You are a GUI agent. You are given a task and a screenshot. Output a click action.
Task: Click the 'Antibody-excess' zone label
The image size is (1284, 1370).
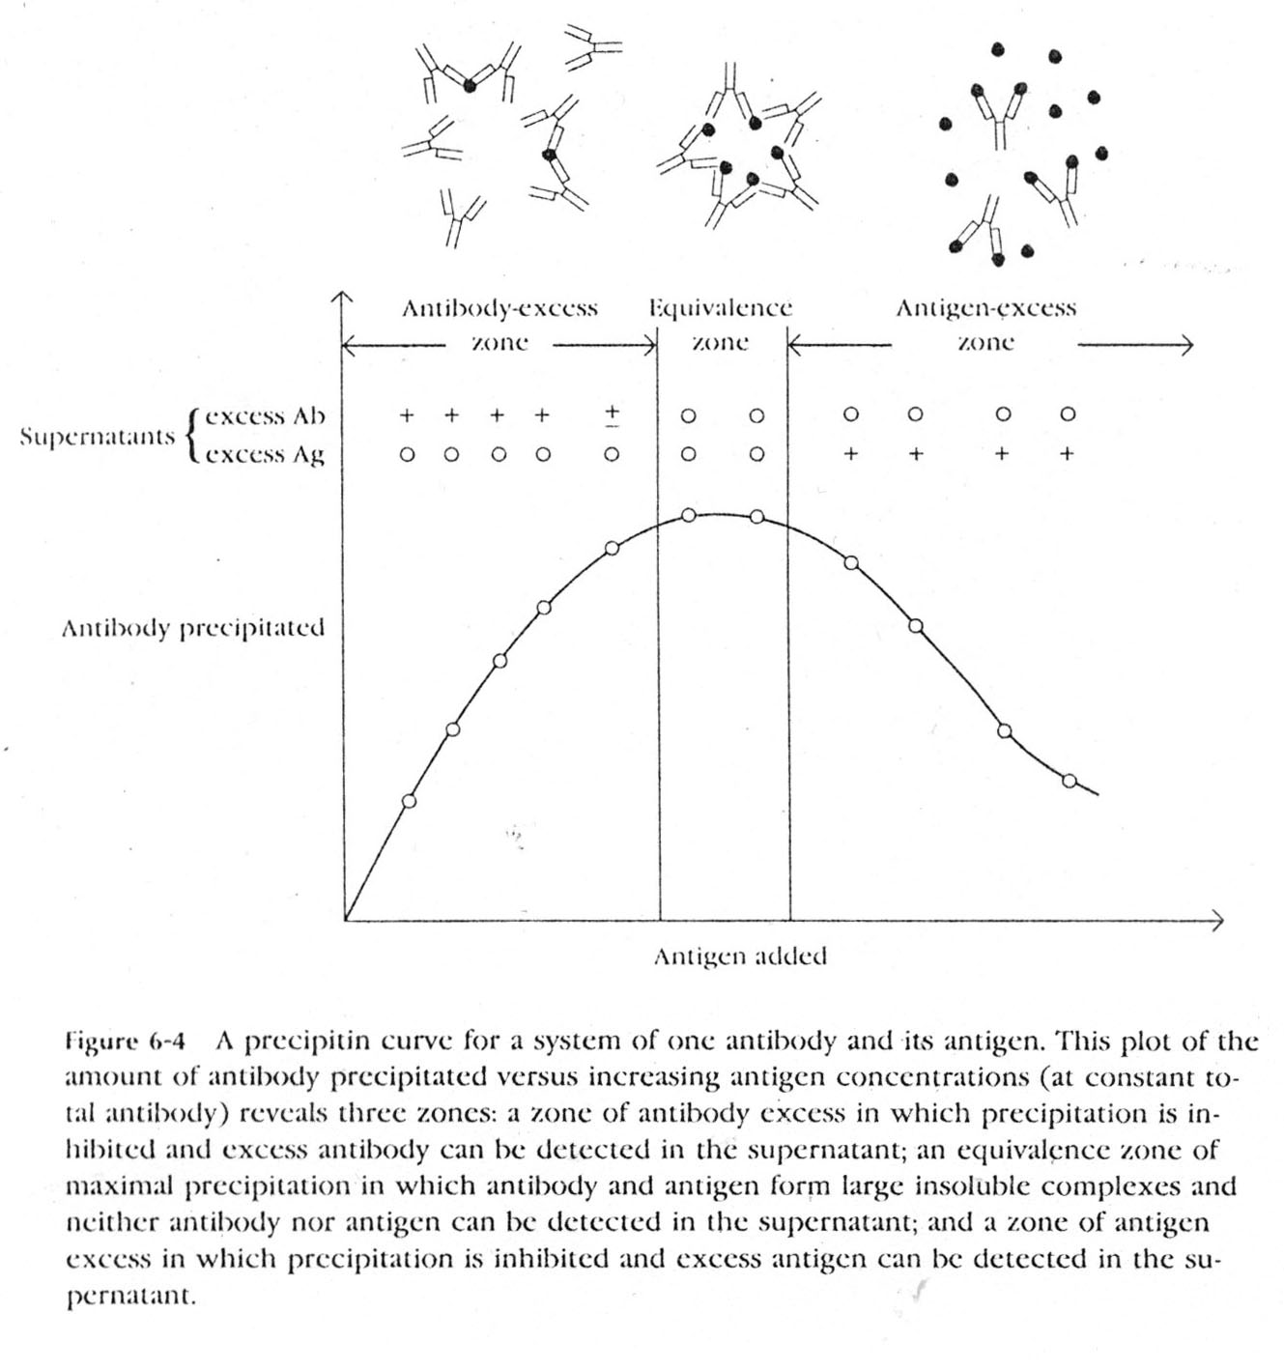[x=499, y=309]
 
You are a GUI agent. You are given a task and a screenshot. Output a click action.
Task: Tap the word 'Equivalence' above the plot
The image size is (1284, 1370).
[x=720, y=309]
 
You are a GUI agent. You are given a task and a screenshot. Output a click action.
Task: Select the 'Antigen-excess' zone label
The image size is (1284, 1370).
[x=984, y=309]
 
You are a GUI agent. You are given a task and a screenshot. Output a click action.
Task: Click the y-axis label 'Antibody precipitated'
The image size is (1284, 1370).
[x=193, y=629]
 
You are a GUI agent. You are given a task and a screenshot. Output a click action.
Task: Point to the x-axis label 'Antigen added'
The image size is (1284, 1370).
[x=740, y=956]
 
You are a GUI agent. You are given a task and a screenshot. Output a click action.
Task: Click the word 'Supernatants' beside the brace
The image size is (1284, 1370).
[x=98, y=436]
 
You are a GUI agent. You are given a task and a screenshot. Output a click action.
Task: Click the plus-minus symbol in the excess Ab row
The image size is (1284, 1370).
[x=612, y=414]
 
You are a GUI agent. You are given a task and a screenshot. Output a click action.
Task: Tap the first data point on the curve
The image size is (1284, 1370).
[x=409, y=801]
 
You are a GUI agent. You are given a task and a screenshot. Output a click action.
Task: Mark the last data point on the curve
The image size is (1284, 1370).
[x=1069, y=781]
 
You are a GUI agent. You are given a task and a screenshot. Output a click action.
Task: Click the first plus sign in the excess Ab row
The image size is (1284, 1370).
[x=407, y=415]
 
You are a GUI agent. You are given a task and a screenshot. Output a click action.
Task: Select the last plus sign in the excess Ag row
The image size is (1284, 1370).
[x=1067, y=453]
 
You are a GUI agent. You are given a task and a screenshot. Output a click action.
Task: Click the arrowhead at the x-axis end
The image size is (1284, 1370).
[x=1218, y=920]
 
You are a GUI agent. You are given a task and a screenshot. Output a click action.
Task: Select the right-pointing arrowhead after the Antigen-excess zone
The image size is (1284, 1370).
[x=1188, y=345]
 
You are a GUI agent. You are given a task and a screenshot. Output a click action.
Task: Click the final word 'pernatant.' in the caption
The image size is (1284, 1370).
[x=131, y=1297]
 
